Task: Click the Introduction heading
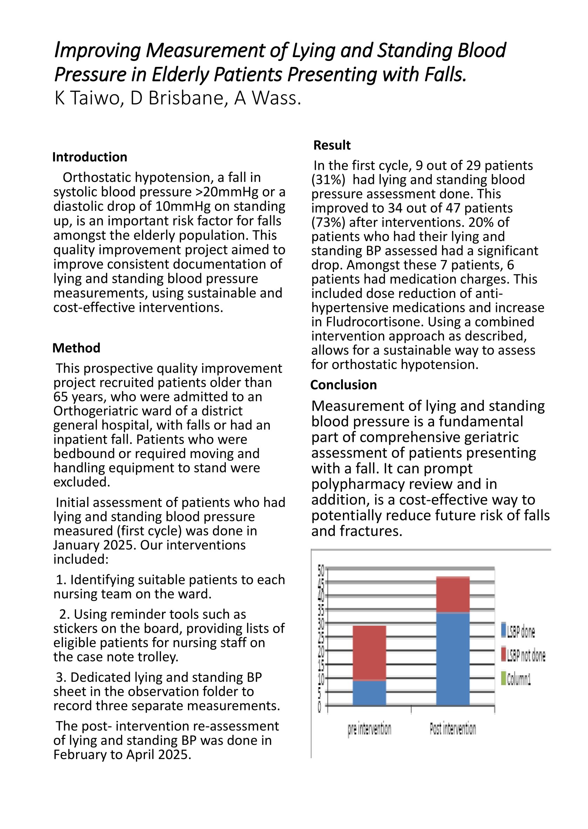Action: [89, 157]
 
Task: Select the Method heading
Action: [76, 348]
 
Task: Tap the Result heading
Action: [332, 145]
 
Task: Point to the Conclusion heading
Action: [343, 385]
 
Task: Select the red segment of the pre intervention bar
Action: [369, 653]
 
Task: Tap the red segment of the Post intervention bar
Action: [453, 595]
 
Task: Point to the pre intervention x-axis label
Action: [369, 729]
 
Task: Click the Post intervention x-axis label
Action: [453, 728]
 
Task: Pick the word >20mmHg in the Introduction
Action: [226, 192]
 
